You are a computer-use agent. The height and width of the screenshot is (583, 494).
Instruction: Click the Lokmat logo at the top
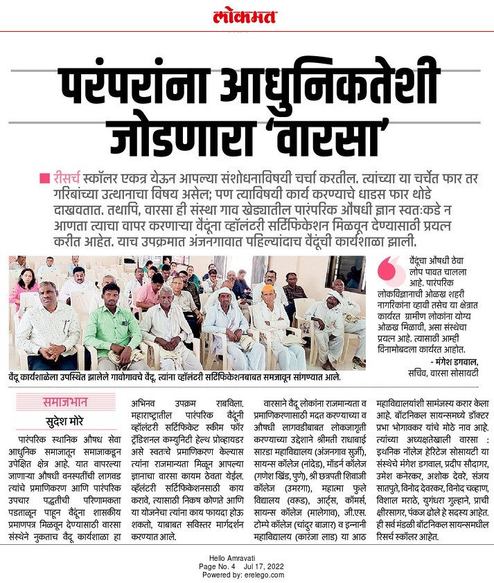[247, 15]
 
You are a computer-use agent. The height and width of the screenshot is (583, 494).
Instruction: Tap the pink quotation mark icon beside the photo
[389, 266]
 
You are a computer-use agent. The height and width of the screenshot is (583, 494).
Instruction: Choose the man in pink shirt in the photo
[150, 291]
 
